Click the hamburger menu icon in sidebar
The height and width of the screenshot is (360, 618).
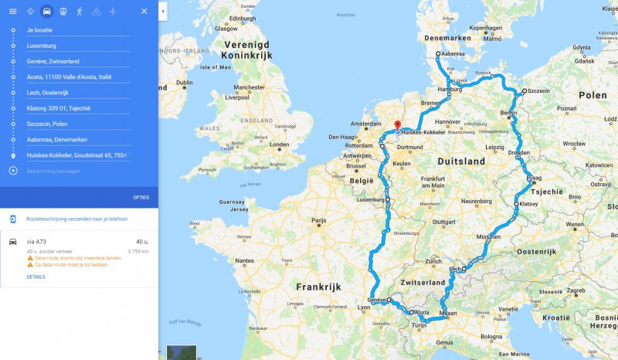12,12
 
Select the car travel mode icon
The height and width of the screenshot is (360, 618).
47,12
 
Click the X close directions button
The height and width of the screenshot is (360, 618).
144,12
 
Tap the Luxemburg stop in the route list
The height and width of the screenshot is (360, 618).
42,46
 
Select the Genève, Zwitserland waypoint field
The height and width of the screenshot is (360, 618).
53,61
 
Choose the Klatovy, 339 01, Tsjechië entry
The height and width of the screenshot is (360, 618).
59,108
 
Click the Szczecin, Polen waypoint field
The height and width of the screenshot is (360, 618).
47,124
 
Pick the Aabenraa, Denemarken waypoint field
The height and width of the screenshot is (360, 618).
56,139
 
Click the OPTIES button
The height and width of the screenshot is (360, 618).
141,197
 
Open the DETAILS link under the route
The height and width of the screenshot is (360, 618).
36,276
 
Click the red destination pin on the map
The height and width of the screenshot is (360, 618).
397,125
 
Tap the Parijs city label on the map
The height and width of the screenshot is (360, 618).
318,220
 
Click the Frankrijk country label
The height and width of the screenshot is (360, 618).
318,286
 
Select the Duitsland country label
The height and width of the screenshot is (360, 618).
460,161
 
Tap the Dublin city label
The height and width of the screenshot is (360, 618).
184,83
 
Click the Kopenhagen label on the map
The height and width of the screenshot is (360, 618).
485,28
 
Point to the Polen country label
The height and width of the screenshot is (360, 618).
593,95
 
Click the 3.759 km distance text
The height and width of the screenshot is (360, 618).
138,251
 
